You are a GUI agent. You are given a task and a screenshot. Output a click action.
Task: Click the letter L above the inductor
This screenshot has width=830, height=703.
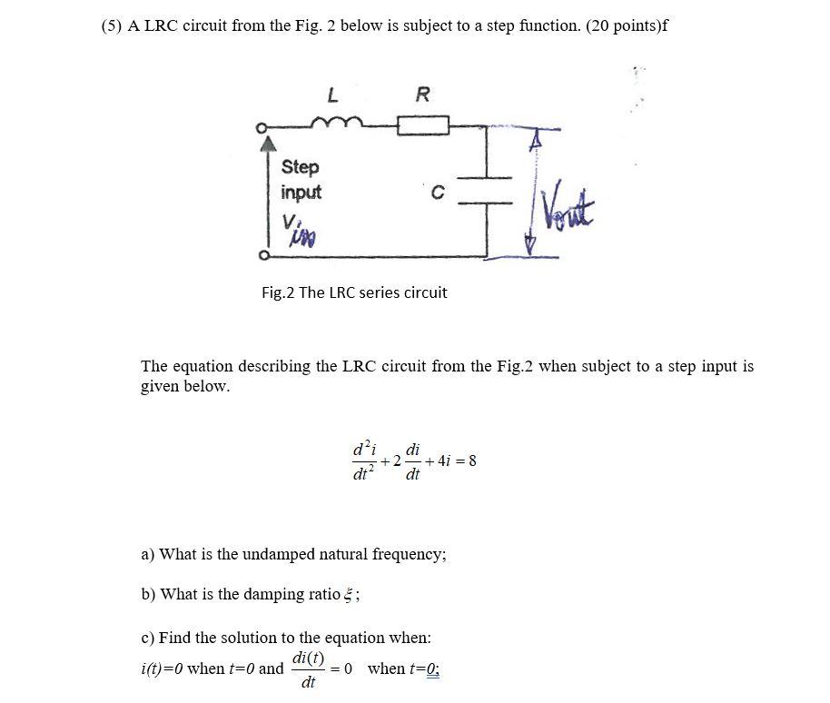[332, 94]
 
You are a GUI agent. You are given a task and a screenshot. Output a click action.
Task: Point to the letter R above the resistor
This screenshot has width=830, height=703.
[422, 94]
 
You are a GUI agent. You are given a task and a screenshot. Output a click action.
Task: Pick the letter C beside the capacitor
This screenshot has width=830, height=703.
[438, 193]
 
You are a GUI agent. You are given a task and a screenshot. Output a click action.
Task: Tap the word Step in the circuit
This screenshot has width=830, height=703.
[301, 167]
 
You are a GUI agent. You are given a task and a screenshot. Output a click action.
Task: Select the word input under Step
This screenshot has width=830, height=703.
[301, 193]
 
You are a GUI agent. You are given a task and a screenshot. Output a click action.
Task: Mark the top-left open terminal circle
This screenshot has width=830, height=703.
[262, 128]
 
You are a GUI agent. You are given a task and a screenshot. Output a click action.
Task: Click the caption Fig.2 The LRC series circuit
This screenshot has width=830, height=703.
[354, 292]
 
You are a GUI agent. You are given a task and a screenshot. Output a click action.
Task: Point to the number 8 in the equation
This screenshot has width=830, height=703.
[472, 460]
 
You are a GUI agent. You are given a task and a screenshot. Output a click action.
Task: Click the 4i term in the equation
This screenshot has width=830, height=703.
[446, 460]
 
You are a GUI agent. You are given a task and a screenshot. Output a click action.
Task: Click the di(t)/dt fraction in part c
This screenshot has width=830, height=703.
[308, 669]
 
